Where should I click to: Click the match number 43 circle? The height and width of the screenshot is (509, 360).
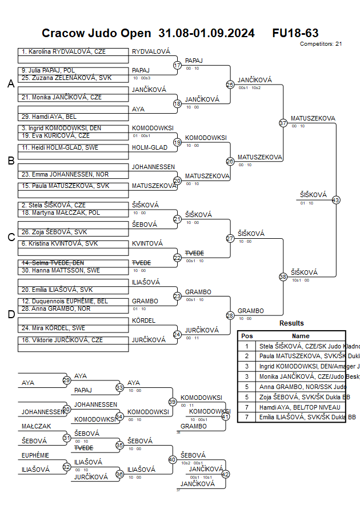tap(336, 200)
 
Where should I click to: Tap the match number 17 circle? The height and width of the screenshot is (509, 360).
tap(177, 66)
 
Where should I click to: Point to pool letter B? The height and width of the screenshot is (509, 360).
tap(11, 161)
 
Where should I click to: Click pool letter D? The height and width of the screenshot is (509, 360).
tap(11, 314)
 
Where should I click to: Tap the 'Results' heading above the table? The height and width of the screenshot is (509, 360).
tap(291, 323)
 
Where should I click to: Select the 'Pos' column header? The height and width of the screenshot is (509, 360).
tap(247, 336)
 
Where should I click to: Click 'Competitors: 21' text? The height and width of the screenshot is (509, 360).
tap(321, 43)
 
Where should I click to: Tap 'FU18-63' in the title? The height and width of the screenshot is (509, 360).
tap(295, 33)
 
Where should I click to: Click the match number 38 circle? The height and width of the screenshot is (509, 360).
tap(283, 276)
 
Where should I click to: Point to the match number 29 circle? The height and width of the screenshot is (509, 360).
tap(66, 380)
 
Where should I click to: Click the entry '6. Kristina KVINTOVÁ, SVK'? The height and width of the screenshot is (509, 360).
tap(60, 243)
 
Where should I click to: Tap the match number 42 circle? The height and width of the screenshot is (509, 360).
tap(225, 474)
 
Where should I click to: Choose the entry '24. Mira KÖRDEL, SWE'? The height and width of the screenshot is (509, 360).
tap(54, 328)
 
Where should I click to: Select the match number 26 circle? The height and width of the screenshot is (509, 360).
tap(230, 162)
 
